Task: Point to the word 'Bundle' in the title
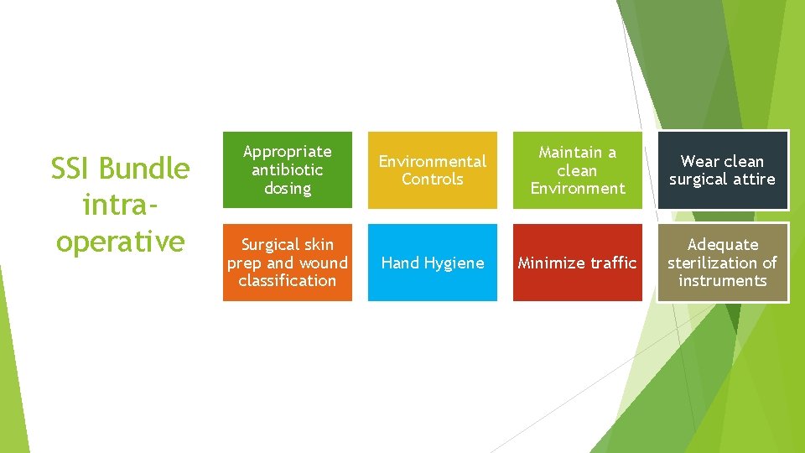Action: click(144, 169)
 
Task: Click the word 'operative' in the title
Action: click(120, 242)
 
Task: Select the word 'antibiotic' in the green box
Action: click(288, 170)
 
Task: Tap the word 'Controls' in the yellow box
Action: click(433, 180)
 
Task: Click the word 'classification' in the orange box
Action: click(288, 281)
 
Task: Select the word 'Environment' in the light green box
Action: click(578, 189)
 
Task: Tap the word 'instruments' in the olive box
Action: click(722, 281)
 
